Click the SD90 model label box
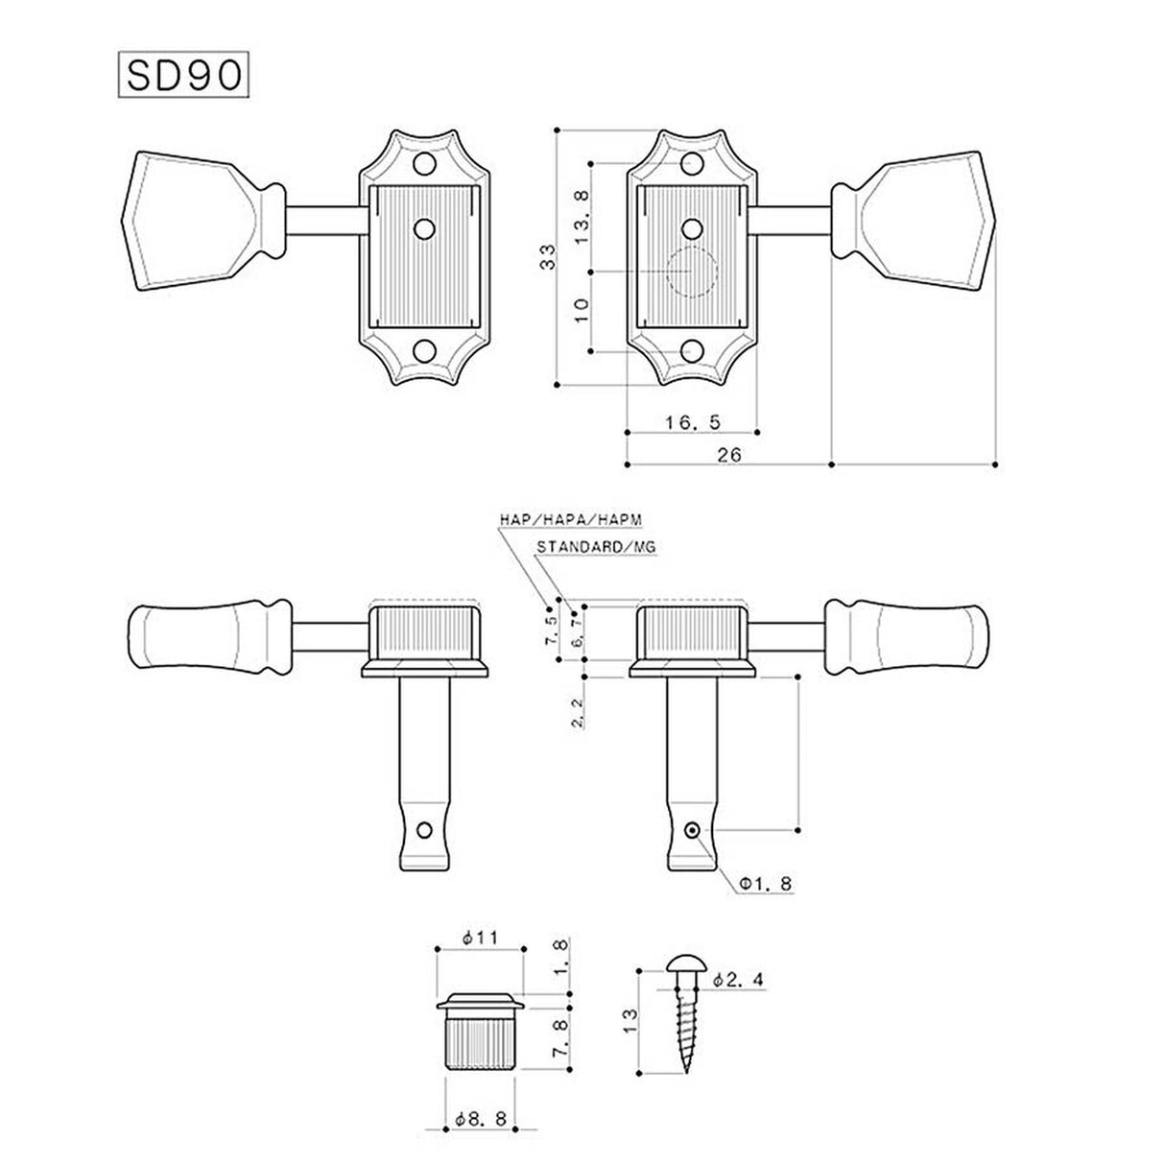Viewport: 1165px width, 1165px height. tap(182, 75)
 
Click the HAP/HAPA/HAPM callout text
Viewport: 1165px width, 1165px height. tap(569, 519)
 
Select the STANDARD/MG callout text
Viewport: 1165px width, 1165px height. tap(596, 547)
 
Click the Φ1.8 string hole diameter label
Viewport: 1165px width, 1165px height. tap(765, 883)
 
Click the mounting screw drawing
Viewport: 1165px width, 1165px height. tap(691, 1017)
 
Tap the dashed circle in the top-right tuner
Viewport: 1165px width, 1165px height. tap(692, 271)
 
